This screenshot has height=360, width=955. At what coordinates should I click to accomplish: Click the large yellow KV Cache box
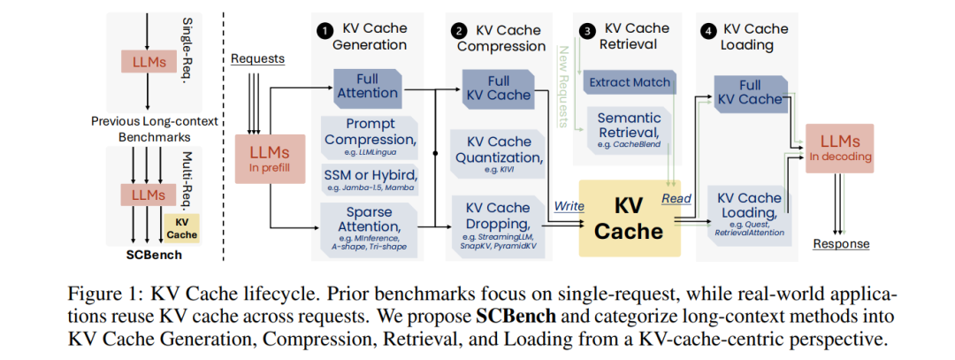pos(630,218)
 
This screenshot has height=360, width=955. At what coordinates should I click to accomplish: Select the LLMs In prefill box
pos(270,158)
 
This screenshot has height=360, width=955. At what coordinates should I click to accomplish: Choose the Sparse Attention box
pos(369,226)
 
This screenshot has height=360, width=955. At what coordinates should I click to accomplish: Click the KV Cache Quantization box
pos(499,154)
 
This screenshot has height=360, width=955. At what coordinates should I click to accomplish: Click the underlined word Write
pos(569,206)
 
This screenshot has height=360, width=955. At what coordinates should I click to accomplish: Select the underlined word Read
pos(676,198)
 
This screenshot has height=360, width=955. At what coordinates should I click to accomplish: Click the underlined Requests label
pos(257,58)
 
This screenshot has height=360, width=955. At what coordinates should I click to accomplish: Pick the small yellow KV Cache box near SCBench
pos(182,228)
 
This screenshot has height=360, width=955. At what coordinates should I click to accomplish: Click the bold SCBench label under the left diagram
pos(154,255)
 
